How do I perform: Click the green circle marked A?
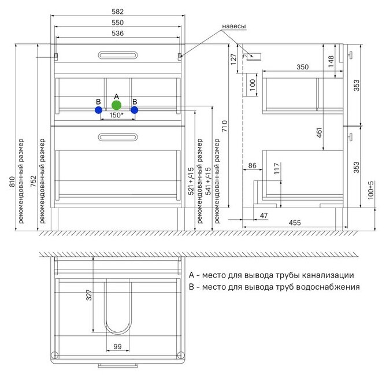117,105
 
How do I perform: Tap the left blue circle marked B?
99,109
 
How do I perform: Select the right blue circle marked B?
135,109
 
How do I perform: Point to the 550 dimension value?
118,23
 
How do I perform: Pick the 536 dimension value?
118,34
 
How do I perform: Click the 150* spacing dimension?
117,116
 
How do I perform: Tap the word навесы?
234,27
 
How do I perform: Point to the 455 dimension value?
294,223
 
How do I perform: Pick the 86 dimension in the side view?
252,166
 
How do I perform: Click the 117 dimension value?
277,169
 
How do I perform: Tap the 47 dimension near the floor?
263,215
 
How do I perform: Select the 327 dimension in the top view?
89,295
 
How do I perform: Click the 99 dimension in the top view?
117,347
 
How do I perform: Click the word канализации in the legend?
324,275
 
